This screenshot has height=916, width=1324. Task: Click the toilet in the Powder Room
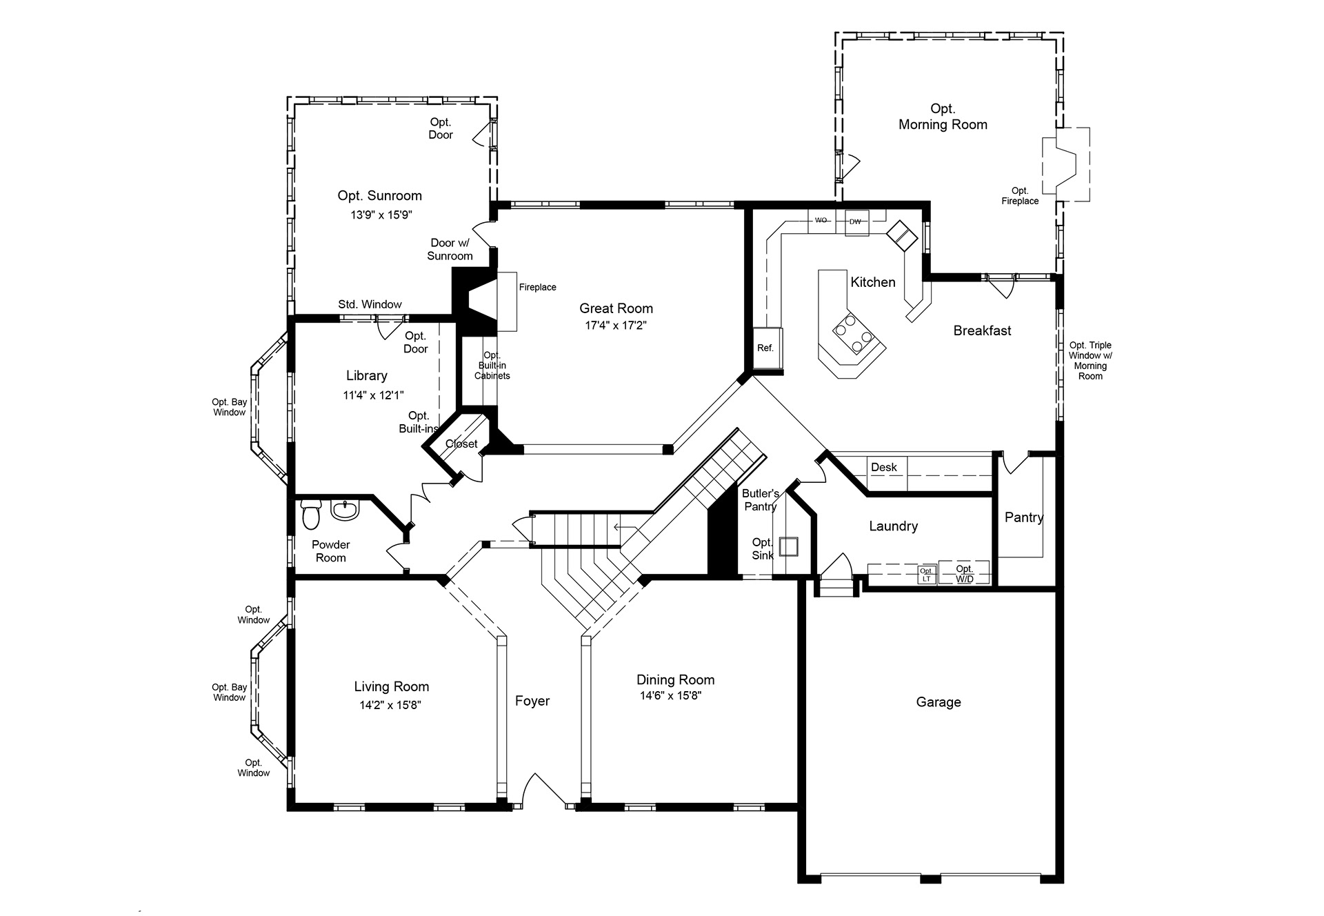coord(311,512)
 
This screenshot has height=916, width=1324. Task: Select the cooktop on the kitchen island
coord(854,333)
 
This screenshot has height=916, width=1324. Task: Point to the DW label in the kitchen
coord(855,221)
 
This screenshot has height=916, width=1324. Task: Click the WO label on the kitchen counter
coord(821,221)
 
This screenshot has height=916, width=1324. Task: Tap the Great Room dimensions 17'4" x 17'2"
coord(616,326)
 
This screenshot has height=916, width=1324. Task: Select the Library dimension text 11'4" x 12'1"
coord(373,395)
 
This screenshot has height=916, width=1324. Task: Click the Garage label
coord(939,702)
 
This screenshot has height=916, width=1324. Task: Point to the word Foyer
coord(532,701)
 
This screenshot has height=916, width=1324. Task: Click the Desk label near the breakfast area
coord(884,467)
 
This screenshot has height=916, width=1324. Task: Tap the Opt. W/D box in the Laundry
coord(964,573)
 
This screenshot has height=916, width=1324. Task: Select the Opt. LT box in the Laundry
coord(926,575)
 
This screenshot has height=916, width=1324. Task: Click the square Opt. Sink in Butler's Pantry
coord(789,546)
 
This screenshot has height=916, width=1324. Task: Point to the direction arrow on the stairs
coord(626,528)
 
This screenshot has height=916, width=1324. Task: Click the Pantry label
coord(1024,517)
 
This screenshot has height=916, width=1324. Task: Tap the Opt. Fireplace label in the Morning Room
coord(1020,196)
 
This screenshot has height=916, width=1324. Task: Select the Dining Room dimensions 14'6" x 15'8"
coord(670,696)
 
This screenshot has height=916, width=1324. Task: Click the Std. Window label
coord(370,304)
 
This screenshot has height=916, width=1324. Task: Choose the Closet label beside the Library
coord(461,444)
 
